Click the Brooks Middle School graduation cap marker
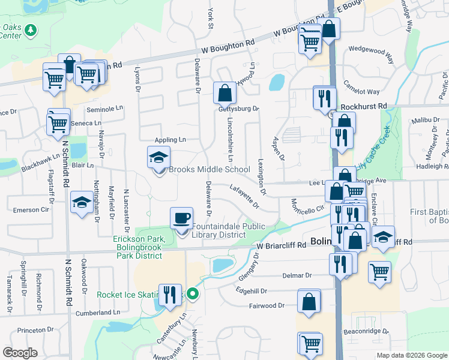point(159,158)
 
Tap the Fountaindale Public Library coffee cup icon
point(181,218)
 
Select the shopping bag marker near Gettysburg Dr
point(224,94)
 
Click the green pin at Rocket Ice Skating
point(192,294)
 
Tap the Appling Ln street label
point(170,139)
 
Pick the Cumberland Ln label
point(98,313)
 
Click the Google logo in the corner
point(20,352)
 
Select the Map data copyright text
point(412,355)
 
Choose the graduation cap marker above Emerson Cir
point(82,203)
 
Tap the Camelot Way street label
point(361,92)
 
